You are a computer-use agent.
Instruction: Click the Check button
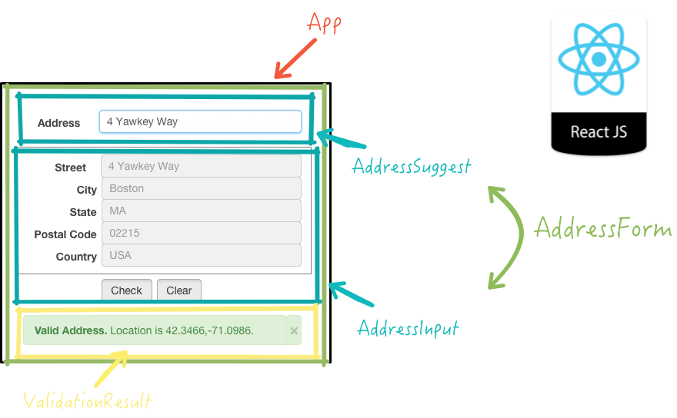click(127, 290)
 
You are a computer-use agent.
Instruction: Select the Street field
click(200, 166)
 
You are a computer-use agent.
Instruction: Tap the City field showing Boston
click(200, 188)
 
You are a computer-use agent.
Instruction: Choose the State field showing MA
click(200, 211)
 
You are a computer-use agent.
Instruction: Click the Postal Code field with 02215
click(200, 233)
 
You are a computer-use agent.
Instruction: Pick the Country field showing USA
click(200, 255)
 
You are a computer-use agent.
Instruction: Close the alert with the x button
click(294, 330)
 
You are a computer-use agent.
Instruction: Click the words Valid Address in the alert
click(71, 330)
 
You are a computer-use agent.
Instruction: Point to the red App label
click(324, 23)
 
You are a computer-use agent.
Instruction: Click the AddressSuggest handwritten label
click(412, 166)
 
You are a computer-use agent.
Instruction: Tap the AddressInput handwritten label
click(408, 329)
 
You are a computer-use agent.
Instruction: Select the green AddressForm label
click(602, 229)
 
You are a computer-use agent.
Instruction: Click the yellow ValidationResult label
click(87, 401)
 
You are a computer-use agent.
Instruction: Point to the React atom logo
click(599, 59)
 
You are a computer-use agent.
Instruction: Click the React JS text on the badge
click(599, 131)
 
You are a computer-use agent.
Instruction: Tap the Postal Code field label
click(65, 234)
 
